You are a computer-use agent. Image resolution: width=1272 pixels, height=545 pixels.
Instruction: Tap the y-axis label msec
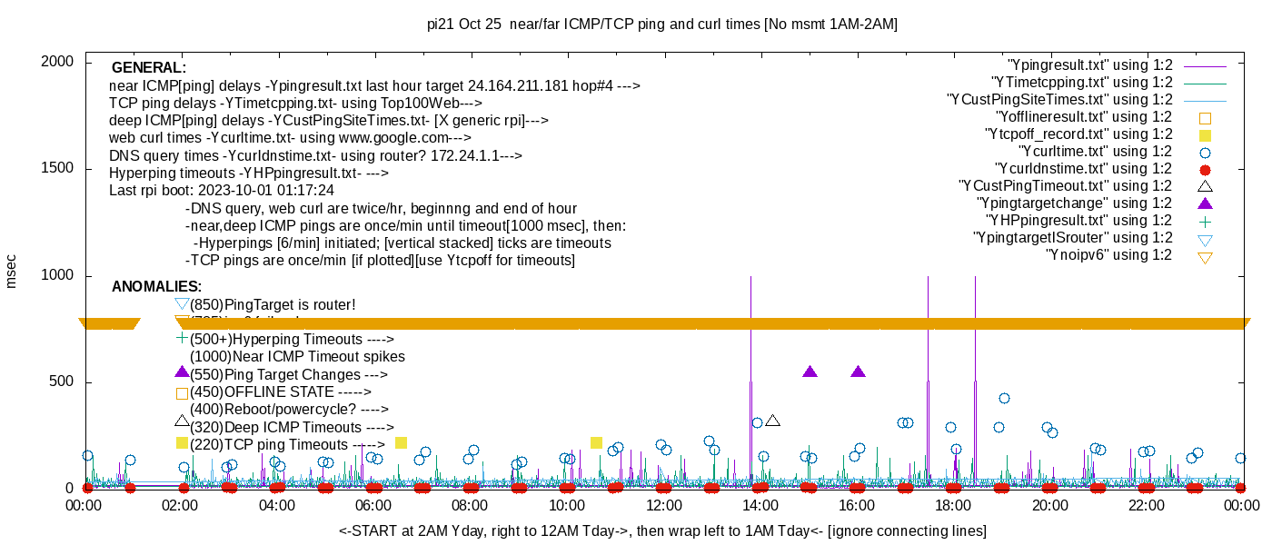(12, 271)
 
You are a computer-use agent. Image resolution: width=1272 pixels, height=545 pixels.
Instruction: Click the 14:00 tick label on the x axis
(760, 505)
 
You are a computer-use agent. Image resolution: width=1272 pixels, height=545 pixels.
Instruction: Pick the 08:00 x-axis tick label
(471, 505)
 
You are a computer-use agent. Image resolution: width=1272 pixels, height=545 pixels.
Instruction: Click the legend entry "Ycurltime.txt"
(1095, 152)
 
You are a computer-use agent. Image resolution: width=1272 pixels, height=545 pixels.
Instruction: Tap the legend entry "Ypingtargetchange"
(1075, 203)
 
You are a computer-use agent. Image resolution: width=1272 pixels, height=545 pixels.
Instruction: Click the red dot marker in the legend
(1205, 169)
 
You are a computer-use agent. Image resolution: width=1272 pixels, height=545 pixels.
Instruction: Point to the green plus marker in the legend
(1205, 221)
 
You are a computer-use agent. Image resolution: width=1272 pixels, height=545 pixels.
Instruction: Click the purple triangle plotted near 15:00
(810, 372)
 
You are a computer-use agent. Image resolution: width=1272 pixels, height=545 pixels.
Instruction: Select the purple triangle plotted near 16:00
(859, 372)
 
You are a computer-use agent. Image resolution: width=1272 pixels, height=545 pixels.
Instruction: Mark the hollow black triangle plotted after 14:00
(773, 421)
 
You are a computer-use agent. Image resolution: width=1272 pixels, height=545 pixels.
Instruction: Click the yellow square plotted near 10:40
(597, 442)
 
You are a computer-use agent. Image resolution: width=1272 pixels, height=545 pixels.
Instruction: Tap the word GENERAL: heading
(149, 68)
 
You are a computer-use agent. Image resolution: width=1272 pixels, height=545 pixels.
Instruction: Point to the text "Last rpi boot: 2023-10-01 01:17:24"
(221, 191)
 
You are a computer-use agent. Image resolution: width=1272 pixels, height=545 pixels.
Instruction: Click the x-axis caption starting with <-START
(662, 530)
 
